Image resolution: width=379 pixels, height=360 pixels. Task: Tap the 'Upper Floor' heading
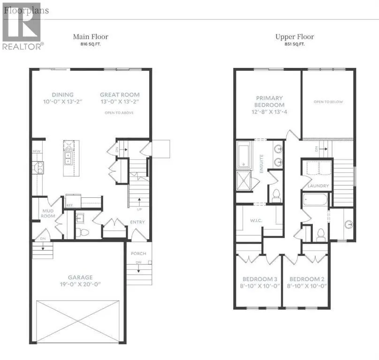click(294, 37)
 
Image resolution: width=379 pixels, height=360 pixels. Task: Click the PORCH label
click(138, 254)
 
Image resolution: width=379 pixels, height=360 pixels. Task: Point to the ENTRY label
click(138, 222)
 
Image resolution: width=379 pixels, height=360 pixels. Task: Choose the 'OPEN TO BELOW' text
click(327, 102)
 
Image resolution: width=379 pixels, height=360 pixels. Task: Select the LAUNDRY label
click(318, 186)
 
